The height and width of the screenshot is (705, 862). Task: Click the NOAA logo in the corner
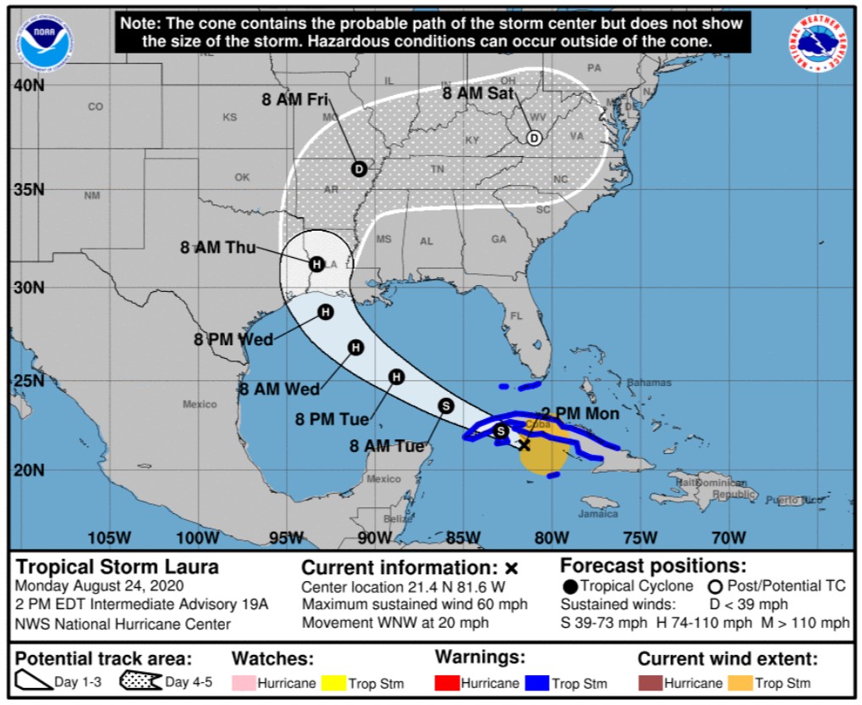(x=45, y=42)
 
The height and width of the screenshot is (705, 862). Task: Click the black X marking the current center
(x=524, y=445)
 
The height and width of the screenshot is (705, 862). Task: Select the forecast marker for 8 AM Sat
(x=534, y=138)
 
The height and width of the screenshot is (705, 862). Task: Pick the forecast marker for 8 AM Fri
(x=359, y=169)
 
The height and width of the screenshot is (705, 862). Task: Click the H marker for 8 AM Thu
(x=316, y=264)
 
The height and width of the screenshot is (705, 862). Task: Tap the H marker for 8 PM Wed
(x=325, y=312)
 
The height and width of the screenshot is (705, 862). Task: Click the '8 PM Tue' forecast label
(x=332, y=419)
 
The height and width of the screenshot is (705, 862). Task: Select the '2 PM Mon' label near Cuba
(x=580, y=414)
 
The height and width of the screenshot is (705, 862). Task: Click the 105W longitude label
(x=109, y=537)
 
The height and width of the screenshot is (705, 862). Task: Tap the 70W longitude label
(x=729, y=537)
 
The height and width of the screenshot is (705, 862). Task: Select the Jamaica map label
(x=598, y=514)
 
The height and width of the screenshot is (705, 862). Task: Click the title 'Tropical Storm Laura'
(x=118, y=567)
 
